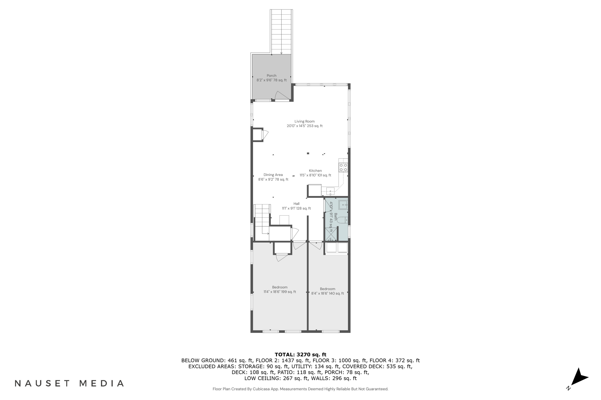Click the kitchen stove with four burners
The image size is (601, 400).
[343, 167]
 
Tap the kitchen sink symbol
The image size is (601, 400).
[330, 191]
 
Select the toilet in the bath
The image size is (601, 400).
[342, 220]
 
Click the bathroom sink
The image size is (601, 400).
[343, 205]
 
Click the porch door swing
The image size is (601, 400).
[282, 95]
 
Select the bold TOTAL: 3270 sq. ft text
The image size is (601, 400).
[300, 354]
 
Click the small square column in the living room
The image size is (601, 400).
[308, 153]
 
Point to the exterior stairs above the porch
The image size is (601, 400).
[281, 32]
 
